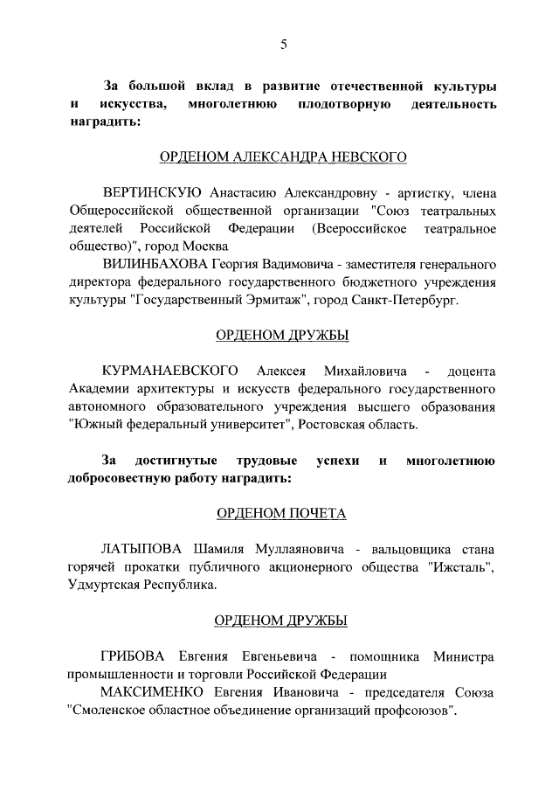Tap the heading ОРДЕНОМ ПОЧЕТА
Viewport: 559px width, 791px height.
pyautogui.click(x=281, y=514)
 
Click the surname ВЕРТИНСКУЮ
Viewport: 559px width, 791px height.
pyautogui.click(x=153, y=193)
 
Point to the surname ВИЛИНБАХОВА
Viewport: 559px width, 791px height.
pyautogui.click(x=156, y=264)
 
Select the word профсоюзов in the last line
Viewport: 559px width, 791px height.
pyautogui.click(x=416, y=710)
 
